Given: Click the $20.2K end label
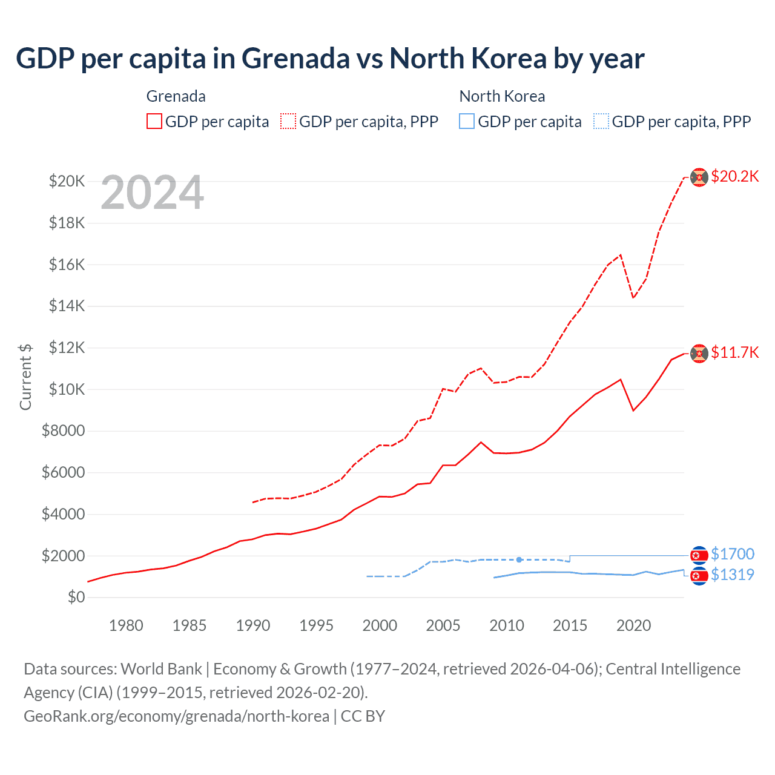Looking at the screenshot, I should pyautogui.click(x=734, y=176).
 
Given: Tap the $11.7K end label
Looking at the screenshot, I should pyautogui.click(x=734, y=352).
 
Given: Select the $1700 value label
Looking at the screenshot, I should pyautogui.click(x=732, y=554).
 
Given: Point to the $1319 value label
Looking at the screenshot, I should pyautogui.click(x=732, y=575).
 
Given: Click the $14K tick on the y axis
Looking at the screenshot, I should pyautogui.click(x=67, y=306).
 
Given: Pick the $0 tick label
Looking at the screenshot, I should pyautogui.click(x=76, y=597).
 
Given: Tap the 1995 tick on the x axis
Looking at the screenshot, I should pyautogui.click(x=316, y=625).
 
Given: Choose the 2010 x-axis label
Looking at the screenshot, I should pyautogui.click(x=506, y=625).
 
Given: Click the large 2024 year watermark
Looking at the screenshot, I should pyautogui.click(x=152, y=193).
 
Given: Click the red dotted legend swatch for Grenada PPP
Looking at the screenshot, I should pyautogui.click(x=288, y=121).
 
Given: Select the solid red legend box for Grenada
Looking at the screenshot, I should pyautogui.click(x=154, y=121).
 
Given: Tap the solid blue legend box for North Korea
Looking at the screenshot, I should pyautogui.click(x=467, y=121).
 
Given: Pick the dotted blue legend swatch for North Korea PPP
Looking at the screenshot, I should pyautogui.click(x=601, y=121).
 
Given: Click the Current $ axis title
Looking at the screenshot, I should pyautogui.click(x=25, y=377).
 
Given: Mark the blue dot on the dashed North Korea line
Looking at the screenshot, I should pyautogui.click(x=519, y=559).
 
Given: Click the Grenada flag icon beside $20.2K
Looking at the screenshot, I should pyautogui.click(x=699, y=177).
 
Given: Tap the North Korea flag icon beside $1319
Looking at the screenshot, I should pyautogui.click(x=699, y=576).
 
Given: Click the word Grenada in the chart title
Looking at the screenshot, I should pyautogui.click(x=295, y=59).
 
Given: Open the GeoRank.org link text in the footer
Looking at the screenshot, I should pyautogui.click(x=176, y=716).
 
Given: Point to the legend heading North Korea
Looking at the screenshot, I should pyautogui.click(x=502, y=96).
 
